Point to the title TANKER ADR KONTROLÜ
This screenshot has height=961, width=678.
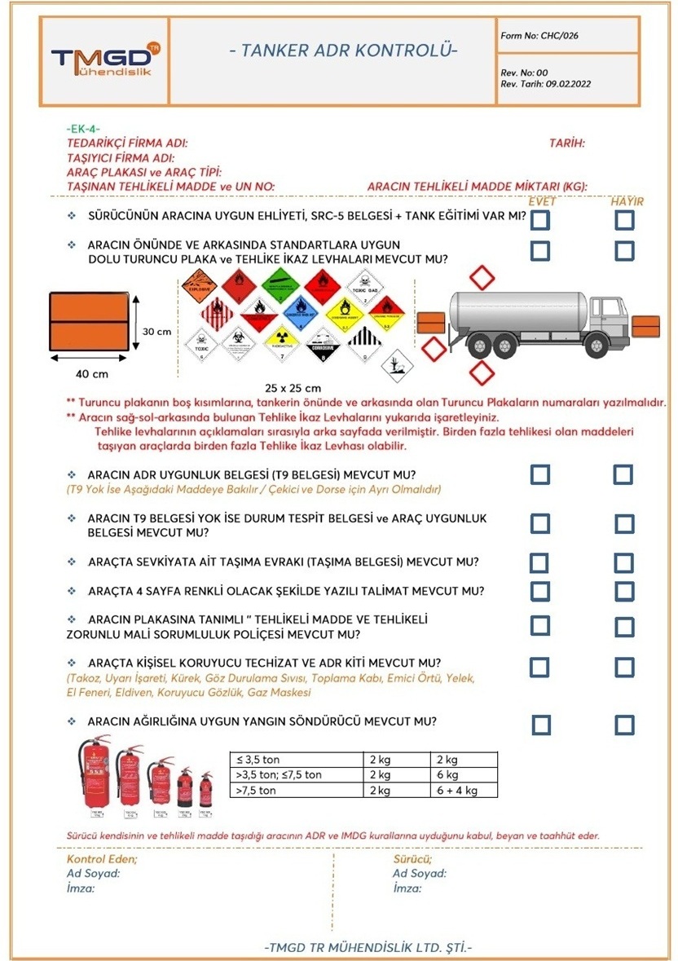343,51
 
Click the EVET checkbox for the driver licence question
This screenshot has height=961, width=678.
539,219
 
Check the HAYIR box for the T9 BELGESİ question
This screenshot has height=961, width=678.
623,474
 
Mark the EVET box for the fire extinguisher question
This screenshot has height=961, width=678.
541,725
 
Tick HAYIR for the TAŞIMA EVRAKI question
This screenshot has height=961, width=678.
623,562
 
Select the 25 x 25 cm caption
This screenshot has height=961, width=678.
293,387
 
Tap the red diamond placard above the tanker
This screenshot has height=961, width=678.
483,279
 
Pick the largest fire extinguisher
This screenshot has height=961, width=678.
94,776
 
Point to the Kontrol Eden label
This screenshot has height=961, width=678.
102,859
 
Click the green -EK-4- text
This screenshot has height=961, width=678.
82,129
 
